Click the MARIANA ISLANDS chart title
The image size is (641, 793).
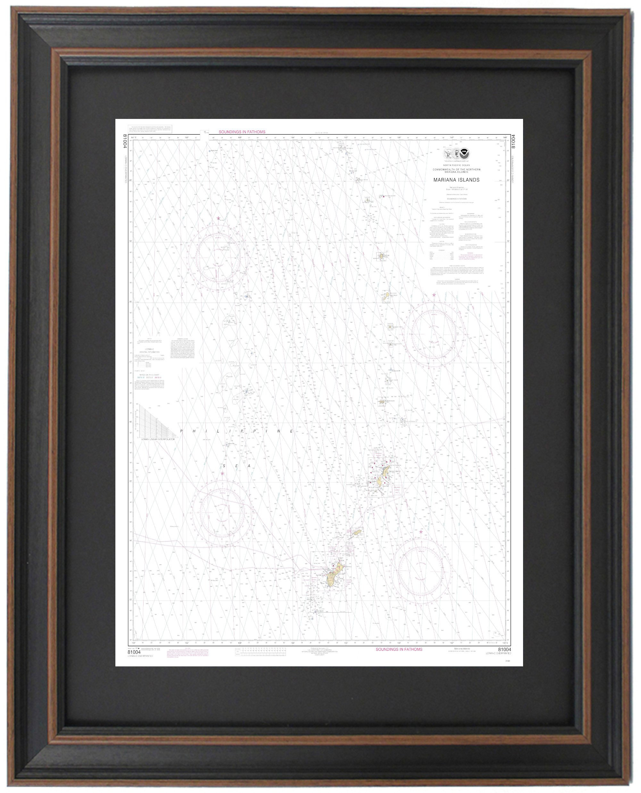tap(457, 180)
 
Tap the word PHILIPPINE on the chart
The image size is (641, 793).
tap(237, 431)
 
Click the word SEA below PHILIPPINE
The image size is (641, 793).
tap(236, 466)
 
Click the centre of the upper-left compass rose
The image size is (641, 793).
tap(218, 255)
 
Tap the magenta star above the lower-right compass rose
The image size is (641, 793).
tap(421, 532)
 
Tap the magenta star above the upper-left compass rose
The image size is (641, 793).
tap(219, 218)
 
